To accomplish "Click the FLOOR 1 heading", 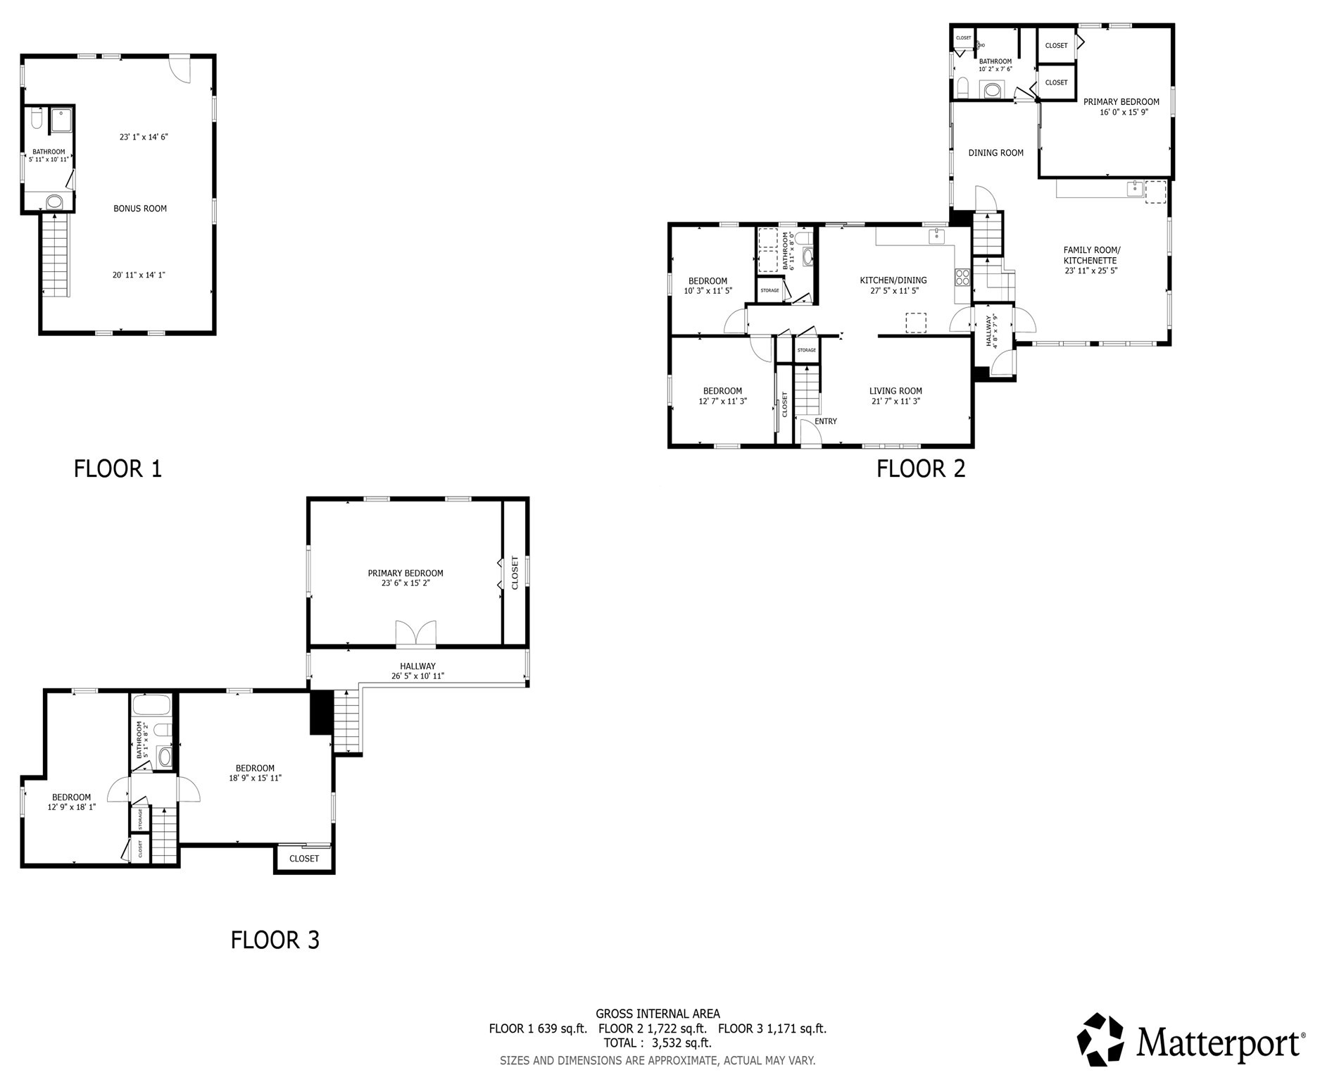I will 118,468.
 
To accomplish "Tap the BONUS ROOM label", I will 140,209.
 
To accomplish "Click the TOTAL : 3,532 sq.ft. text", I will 658,1043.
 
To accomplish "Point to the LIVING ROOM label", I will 895,391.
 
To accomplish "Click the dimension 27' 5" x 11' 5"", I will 893,290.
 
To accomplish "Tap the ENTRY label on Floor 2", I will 826,421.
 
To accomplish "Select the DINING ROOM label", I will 995,153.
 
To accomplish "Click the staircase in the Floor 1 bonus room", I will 55,255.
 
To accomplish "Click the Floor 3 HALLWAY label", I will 417,666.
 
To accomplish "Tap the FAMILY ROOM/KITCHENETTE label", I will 1090,255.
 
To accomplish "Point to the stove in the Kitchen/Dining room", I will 962,278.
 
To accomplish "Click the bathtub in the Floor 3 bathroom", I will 151,705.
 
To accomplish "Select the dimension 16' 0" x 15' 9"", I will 1124,112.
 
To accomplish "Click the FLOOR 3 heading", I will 275,940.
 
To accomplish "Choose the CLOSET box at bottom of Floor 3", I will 304,858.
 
